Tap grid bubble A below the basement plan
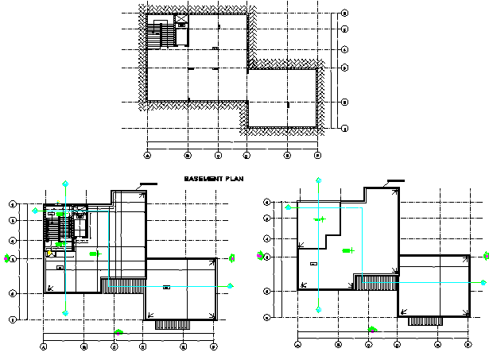[148, 155]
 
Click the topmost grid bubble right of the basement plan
[344, 14]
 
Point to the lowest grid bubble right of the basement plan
[344, 128]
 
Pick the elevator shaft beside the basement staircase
[182, 24]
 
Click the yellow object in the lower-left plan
[50, 254]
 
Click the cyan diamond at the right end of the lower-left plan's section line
[231, 285]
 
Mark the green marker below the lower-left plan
[118, 331]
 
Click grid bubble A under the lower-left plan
[44, 346]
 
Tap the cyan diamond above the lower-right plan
[318, 181]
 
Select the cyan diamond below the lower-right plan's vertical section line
[318, 310]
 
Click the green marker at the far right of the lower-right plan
[486, 256]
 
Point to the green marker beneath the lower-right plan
[371, 329]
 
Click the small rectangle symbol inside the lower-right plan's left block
[312, 263]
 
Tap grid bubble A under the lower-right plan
[297, 345]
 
